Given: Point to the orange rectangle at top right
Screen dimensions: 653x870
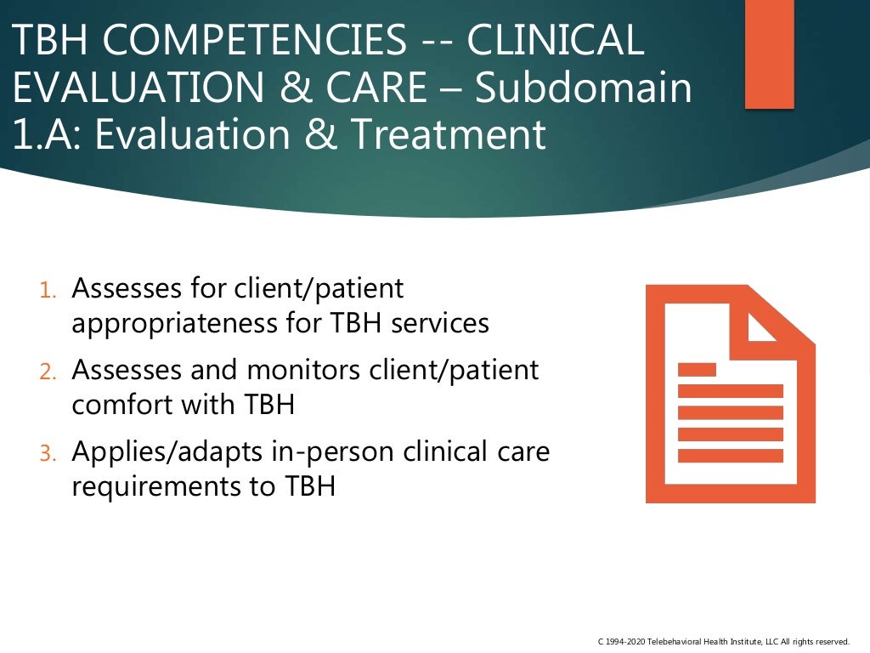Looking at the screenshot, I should pyautogui.click(x=769, y=54).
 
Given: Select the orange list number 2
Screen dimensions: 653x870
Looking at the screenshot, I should pyautogui.click(x=48, y=372).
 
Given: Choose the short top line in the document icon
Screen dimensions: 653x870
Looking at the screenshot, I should pyautogui.click(x=697, y=370).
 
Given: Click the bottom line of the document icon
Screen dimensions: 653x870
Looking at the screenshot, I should pyautogui.click(x=730, y=456).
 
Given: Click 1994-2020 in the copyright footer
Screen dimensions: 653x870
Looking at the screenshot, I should pyautogui.click(x=625, y=640).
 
